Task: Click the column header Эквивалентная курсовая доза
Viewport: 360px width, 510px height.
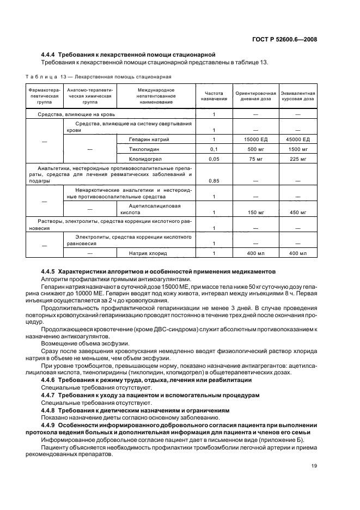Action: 298,96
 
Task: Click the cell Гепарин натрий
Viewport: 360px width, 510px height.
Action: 149,139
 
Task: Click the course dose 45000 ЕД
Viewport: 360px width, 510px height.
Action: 298,139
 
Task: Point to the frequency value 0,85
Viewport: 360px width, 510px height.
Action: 213,180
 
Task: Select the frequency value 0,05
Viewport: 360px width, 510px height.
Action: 213,159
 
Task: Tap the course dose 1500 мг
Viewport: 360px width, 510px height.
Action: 298,149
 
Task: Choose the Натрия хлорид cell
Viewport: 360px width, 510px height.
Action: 148,253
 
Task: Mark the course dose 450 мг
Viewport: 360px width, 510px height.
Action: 298,212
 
